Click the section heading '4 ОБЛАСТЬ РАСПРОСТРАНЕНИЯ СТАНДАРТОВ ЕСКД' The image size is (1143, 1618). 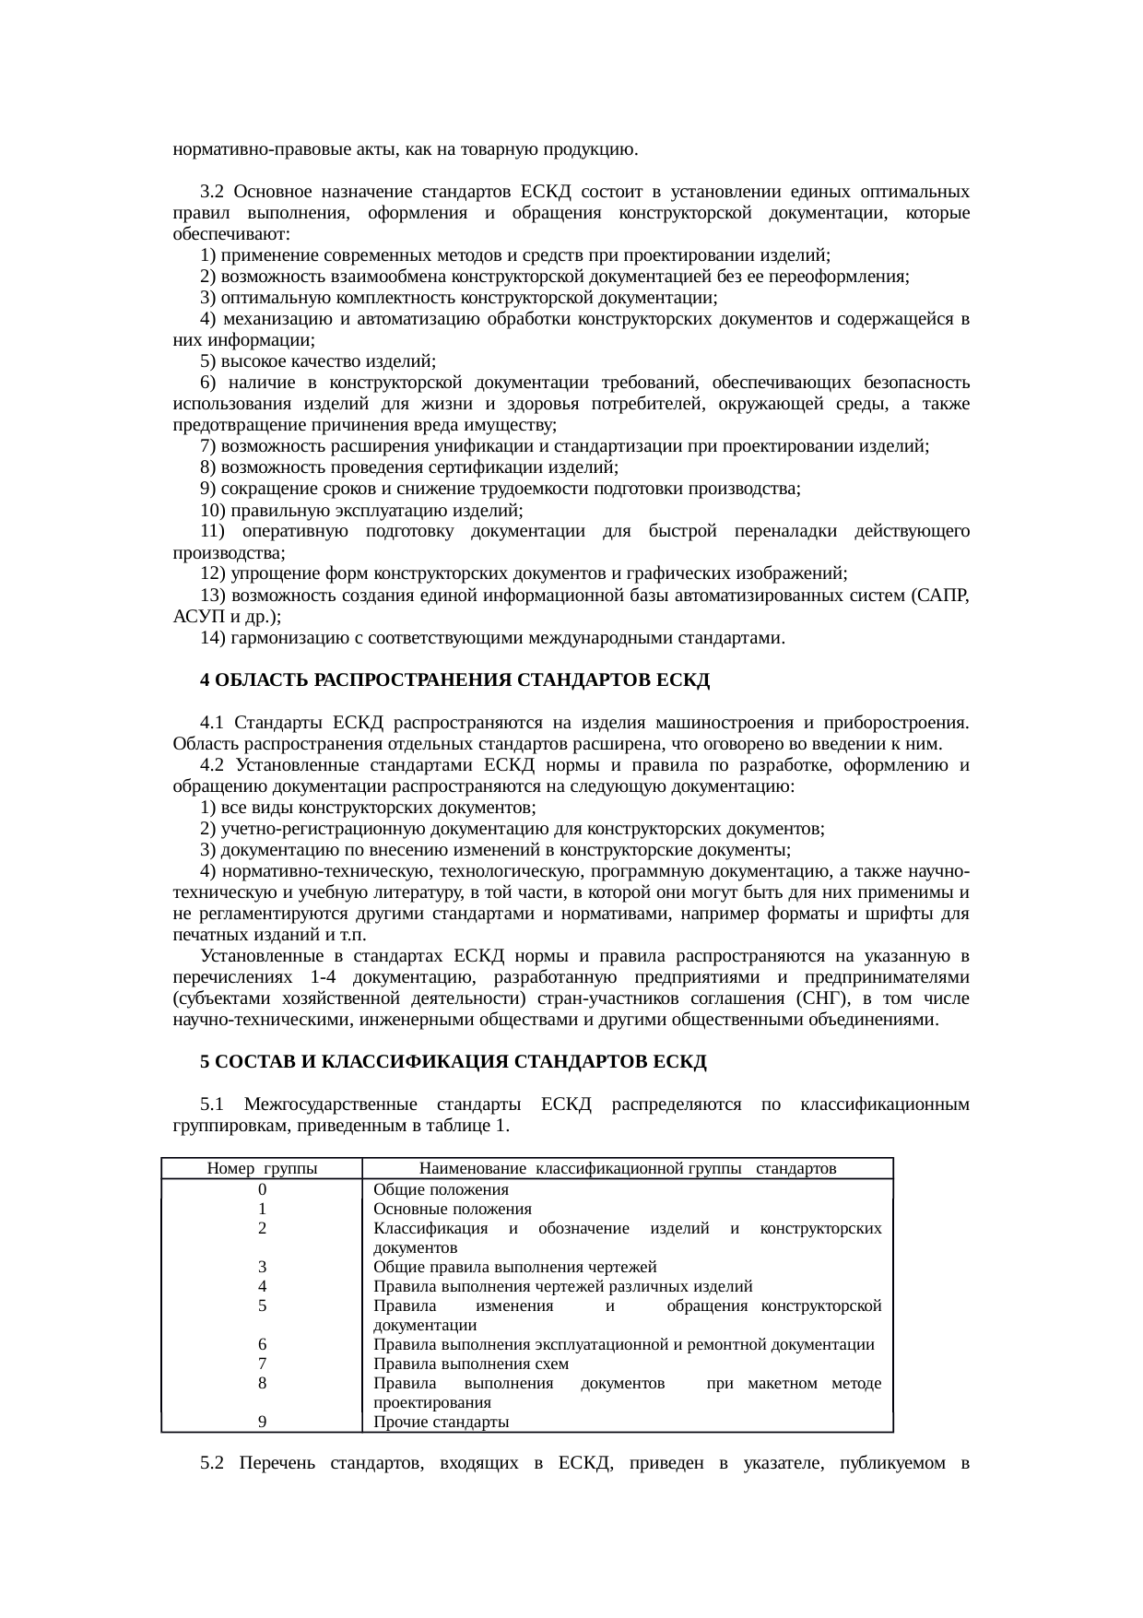455,680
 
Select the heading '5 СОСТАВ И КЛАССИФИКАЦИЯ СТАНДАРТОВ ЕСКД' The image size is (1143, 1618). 454,1061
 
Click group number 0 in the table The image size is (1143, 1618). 263,1189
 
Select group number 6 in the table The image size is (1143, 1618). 263,1344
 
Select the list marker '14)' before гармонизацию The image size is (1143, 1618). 213,638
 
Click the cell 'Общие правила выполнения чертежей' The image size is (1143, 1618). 514,1267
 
